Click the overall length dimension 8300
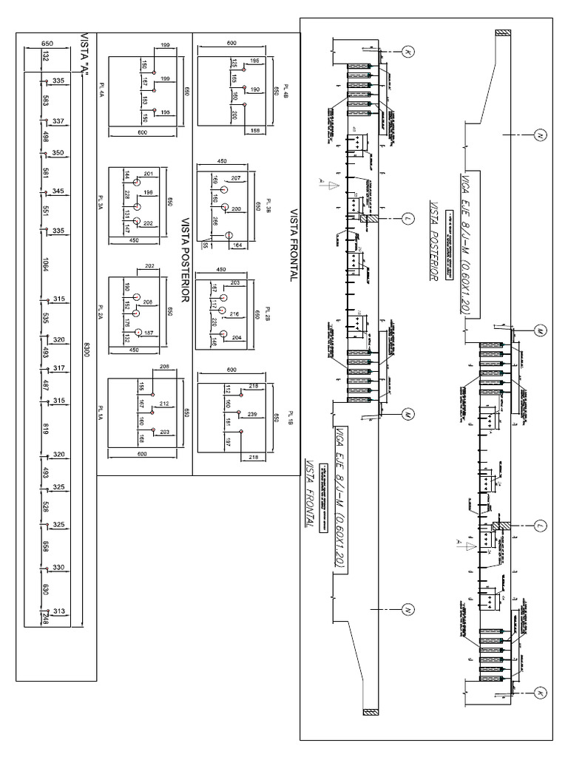[x=87, y=350]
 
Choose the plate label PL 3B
[x=268, y=206]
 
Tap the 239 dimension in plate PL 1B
[x=252, y=414]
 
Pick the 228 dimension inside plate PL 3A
[x=127, y=194]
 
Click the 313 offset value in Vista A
[x=59, y=610]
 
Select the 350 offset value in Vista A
[x=58, y=152]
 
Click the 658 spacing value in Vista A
[x=46, y=546]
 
